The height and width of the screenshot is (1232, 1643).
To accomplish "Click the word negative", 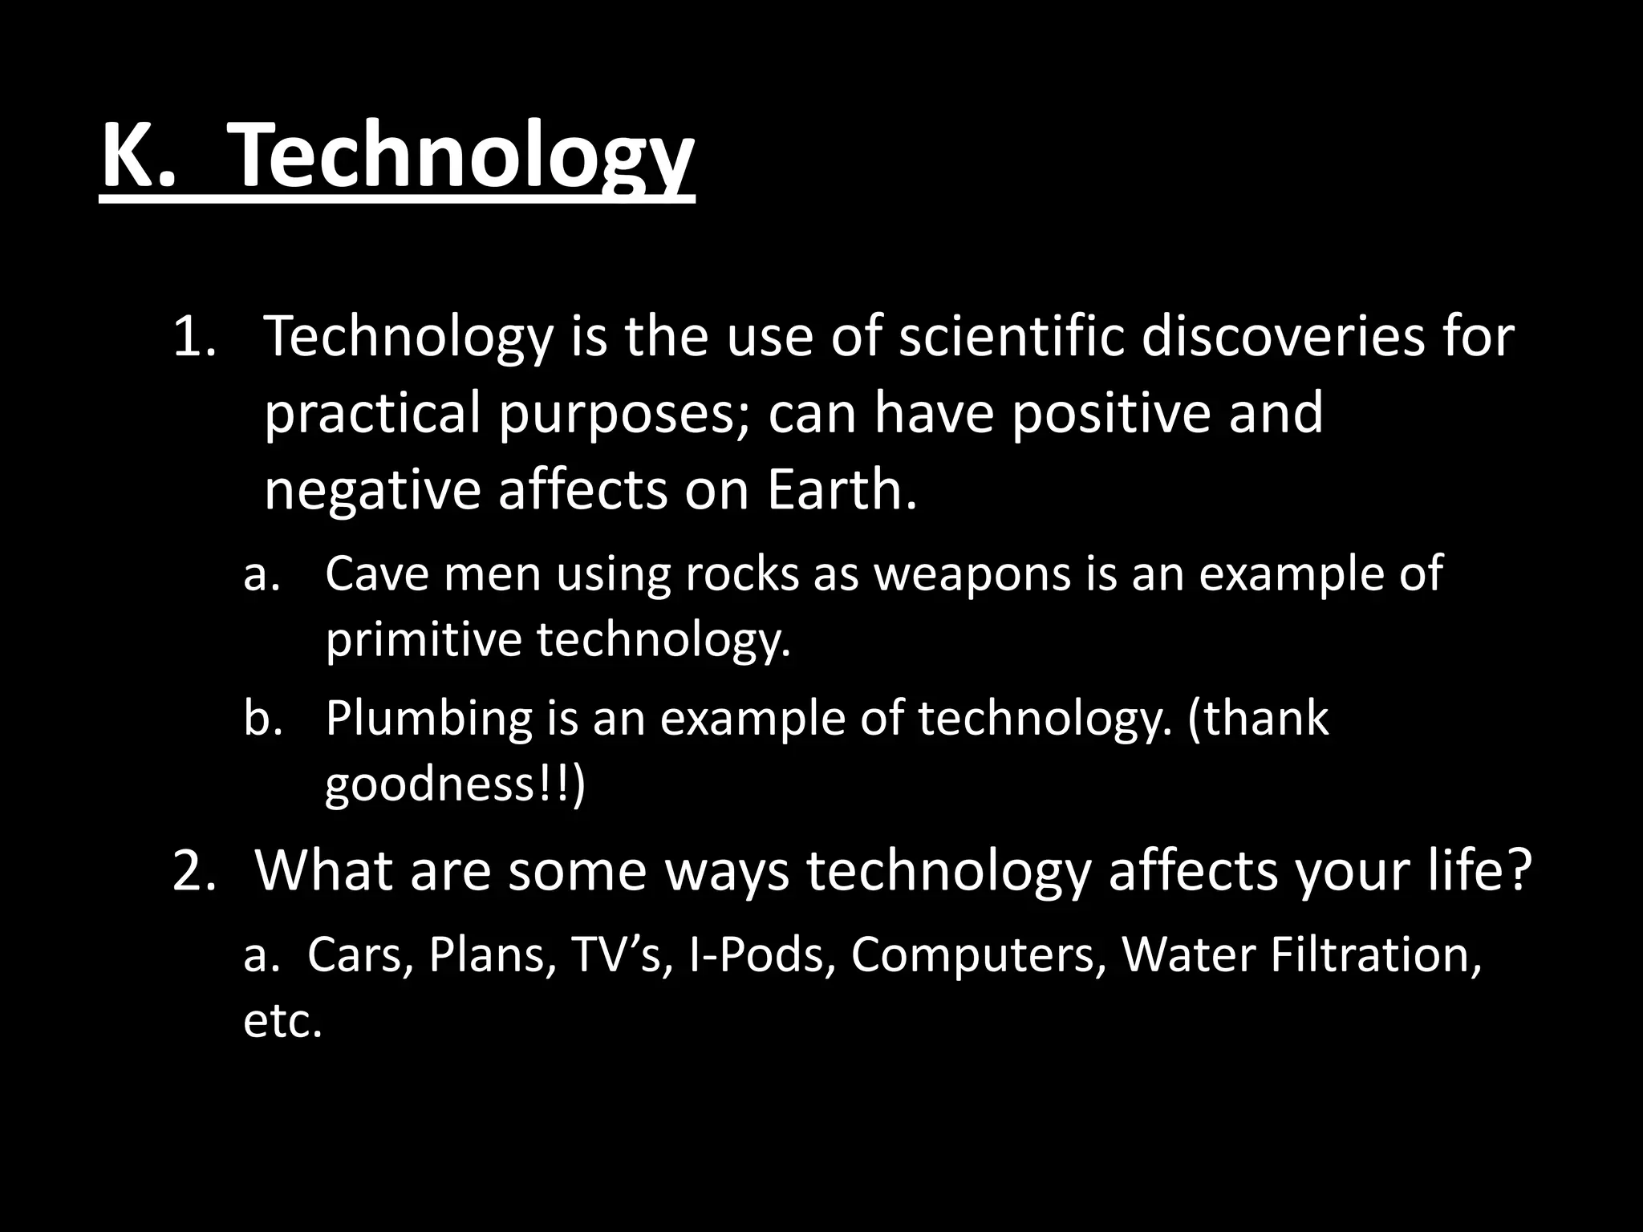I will point(371,489).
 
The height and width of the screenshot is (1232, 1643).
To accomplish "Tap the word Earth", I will point(840,489).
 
